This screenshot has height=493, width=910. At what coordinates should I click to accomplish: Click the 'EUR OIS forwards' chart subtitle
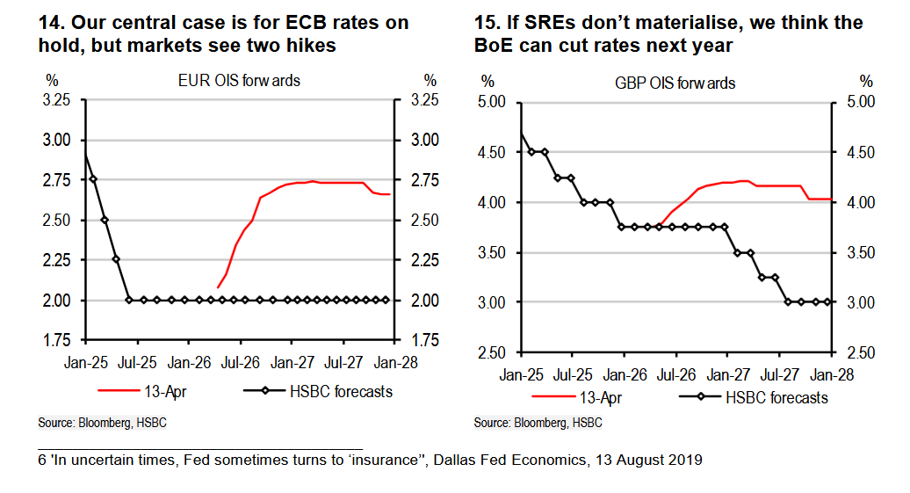238,81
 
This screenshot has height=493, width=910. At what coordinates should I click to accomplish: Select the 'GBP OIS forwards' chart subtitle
675,83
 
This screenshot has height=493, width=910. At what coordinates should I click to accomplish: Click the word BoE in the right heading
494,46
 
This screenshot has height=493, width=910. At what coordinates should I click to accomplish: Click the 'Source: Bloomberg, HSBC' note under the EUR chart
102,424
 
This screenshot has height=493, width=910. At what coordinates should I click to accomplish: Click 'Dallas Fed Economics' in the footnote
509,460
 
